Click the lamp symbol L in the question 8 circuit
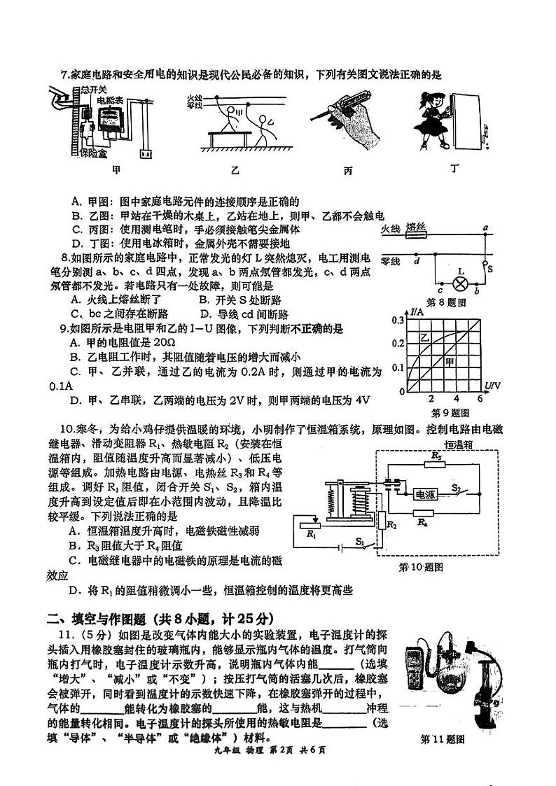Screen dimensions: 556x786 (x=461, y=284)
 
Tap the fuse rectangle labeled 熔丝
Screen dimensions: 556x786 (x=417, y=237)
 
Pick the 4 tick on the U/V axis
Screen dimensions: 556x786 (x=456, y=398)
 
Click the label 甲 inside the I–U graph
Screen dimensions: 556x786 (x=449, y=362)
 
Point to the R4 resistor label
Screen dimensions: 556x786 (x=422, y=521)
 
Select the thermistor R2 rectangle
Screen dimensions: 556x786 (x=382, y=520)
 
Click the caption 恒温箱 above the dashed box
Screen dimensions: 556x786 (x=459, y=444)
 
